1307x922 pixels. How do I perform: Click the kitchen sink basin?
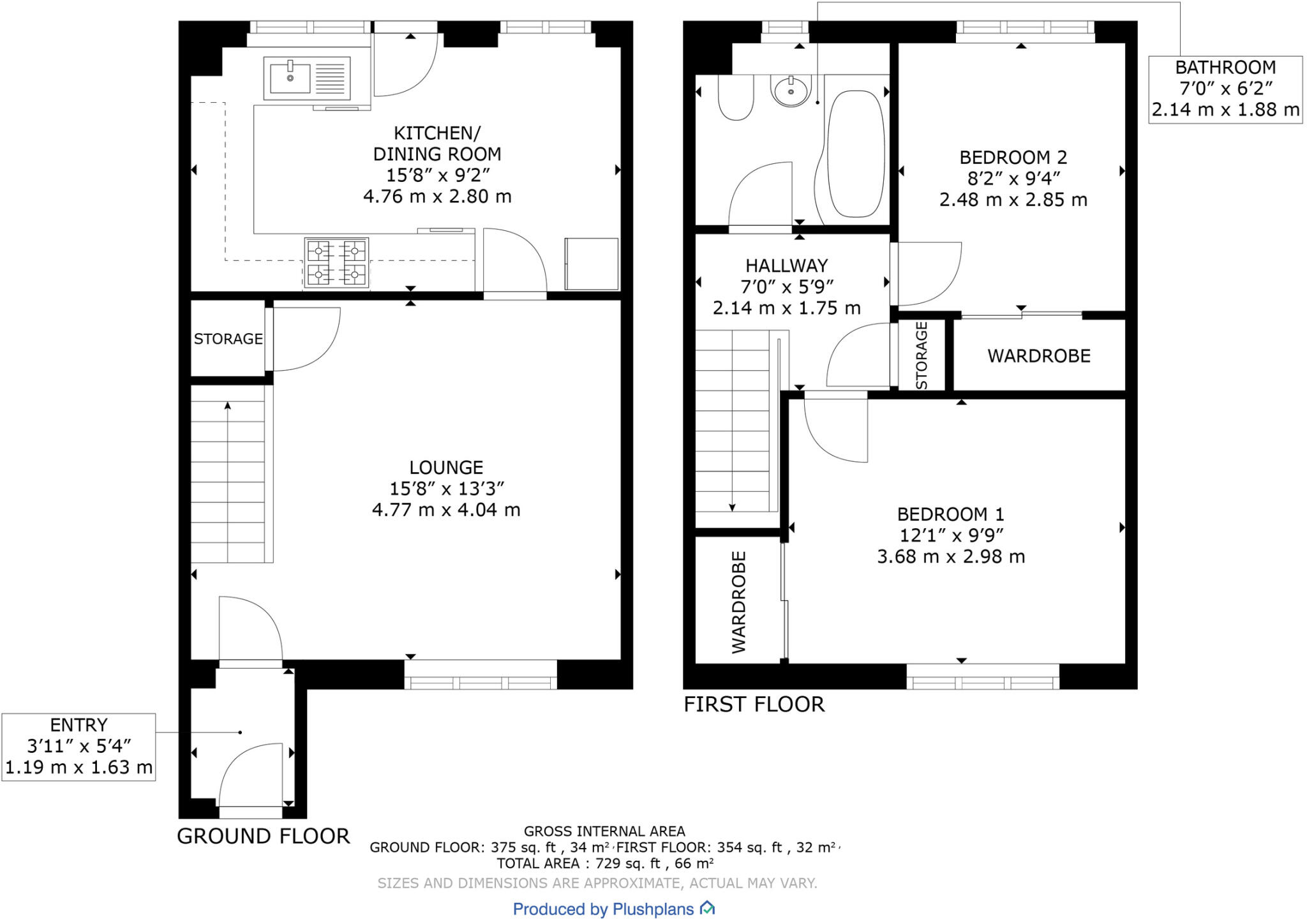(x=290, y=78)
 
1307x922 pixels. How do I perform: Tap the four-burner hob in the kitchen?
(x=336, y=263)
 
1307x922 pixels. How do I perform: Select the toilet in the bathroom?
(x=736, y=98)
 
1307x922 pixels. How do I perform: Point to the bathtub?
(x=856, y=154)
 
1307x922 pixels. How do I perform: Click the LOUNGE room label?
(x=446, y=468)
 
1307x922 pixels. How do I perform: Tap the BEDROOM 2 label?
(x=1013, y=158)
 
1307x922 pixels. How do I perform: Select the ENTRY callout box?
(x=78, y=747)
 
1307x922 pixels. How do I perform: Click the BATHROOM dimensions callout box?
(x=1225, y=89)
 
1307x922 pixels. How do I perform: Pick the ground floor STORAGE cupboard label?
(x=228, y=339)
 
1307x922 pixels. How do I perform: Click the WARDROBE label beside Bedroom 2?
(x=1038, y=356)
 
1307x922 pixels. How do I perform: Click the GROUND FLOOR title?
(x=263, y=836)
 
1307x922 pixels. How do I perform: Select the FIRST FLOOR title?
(x=754, y=704)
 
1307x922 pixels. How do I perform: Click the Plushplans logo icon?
(x=707, y=908)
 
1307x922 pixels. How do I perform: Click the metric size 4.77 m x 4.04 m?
(x=446, y=510)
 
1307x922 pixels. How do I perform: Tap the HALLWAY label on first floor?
(x=786, y=265)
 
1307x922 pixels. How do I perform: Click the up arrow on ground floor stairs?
(x=228, y=406)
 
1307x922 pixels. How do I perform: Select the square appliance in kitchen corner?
(x=591, y=264)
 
